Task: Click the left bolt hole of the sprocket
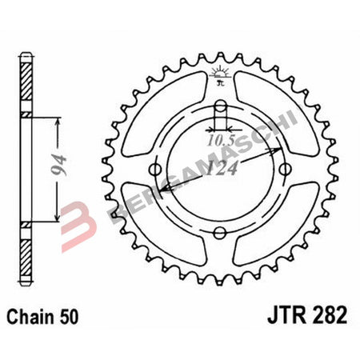click(157, 169)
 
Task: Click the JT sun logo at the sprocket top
click(219, 77)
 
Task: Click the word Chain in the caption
click(33, 315)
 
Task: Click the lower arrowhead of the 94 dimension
click(57, 217)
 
